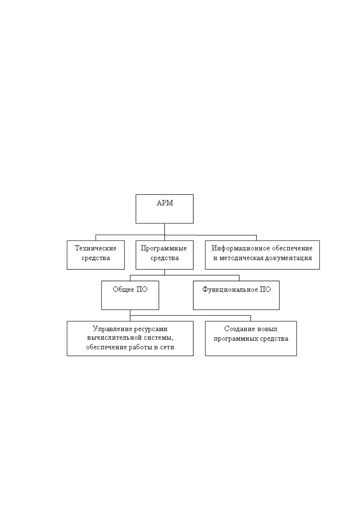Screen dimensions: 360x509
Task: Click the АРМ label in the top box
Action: tap(165, 203)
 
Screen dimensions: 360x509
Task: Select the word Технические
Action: tap(96, 248)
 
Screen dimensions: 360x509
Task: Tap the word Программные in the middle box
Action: tap(164, 248)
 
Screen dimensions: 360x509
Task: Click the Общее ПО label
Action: tap(130, 289)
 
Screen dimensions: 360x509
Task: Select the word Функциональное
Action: tap(230, 289)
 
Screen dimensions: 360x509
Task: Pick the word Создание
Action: tap(238, 329)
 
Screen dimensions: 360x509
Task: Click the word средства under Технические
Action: tap(96, 258)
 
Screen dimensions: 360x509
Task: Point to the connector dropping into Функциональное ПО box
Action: tap(239, 278)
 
